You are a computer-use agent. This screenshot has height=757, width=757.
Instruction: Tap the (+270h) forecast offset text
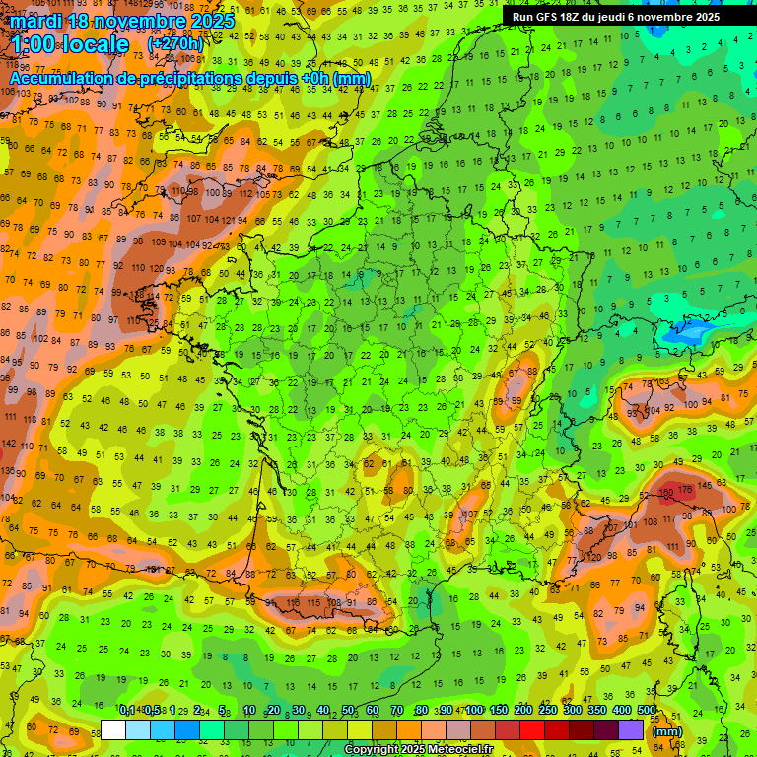(175, 44)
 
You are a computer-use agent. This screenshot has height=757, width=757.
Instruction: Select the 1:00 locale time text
(70, 44)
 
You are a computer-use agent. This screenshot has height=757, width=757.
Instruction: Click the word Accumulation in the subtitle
(70, 78)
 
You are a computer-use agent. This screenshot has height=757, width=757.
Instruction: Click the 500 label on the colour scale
(647, 710)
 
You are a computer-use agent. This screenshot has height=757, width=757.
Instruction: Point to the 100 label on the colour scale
(474, 710)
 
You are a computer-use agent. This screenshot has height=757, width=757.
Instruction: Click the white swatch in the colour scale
(113, 730)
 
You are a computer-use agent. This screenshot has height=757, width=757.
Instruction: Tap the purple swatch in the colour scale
(632, 730)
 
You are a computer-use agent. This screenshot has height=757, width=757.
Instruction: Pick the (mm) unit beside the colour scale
(667, 731)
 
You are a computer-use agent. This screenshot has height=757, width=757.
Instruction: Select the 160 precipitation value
(666, 491)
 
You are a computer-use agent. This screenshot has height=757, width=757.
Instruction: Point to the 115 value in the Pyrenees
(314, 602)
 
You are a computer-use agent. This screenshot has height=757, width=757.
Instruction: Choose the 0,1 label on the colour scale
(127, 710)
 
